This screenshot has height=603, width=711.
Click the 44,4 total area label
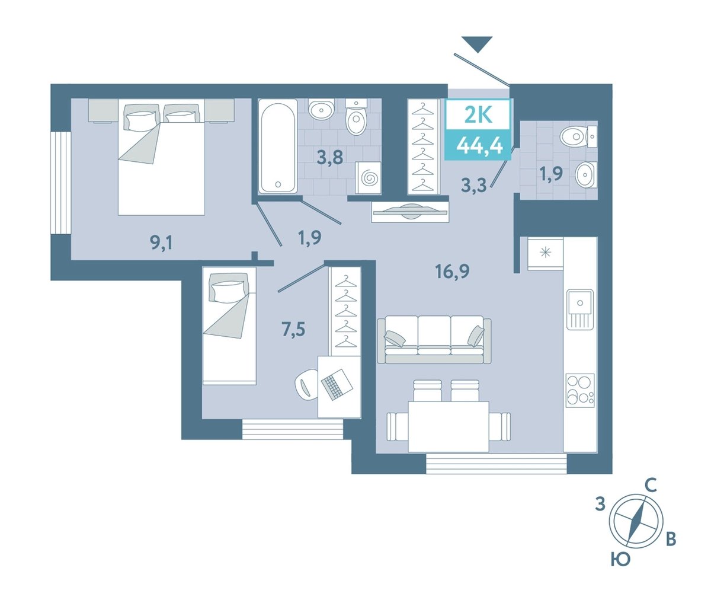coord(479,146)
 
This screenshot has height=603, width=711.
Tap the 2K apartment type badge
coord(479,115)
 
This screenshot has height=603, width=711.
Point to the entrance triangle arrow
coord(478,44)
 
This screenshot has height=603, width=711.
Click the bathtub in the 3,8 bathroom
coord(278,146)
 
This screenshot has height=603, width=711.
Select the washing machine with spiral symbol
coord(369,178)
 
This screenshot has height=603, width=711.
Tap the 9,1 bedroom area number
coord(161,243)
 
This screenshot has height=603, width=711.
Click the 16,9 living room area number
coord(452,272)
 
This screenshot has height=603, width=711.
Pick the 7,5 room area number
coord(293,330)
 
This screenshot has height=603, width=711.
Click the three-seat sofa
coord(434,340)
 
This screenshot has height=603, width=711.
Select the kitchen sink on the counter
coord(580,309)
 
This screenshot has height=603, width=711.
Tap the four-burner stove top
coord(580,390)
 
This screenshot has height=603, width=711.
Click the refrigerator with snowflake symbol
coord(546,254)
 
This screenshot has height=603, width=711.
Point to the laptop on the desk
coord(337,384)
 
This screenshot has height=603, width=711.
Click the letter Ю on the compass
coord(620,569)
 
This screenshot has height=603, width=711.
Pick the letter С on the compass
coord(651,485)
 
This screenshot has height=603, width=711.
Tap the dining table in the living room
coord(449,426)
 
